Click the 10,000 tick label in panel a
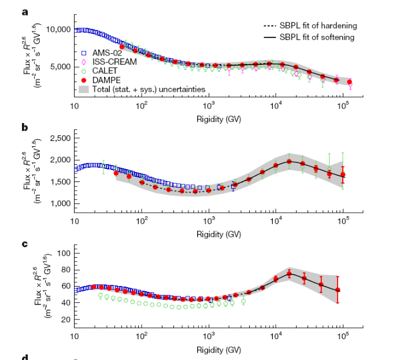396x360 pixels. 59,29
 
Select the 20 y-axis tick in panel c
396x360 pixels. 66,320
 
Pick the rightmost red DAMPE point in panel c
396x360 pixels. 338,290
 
